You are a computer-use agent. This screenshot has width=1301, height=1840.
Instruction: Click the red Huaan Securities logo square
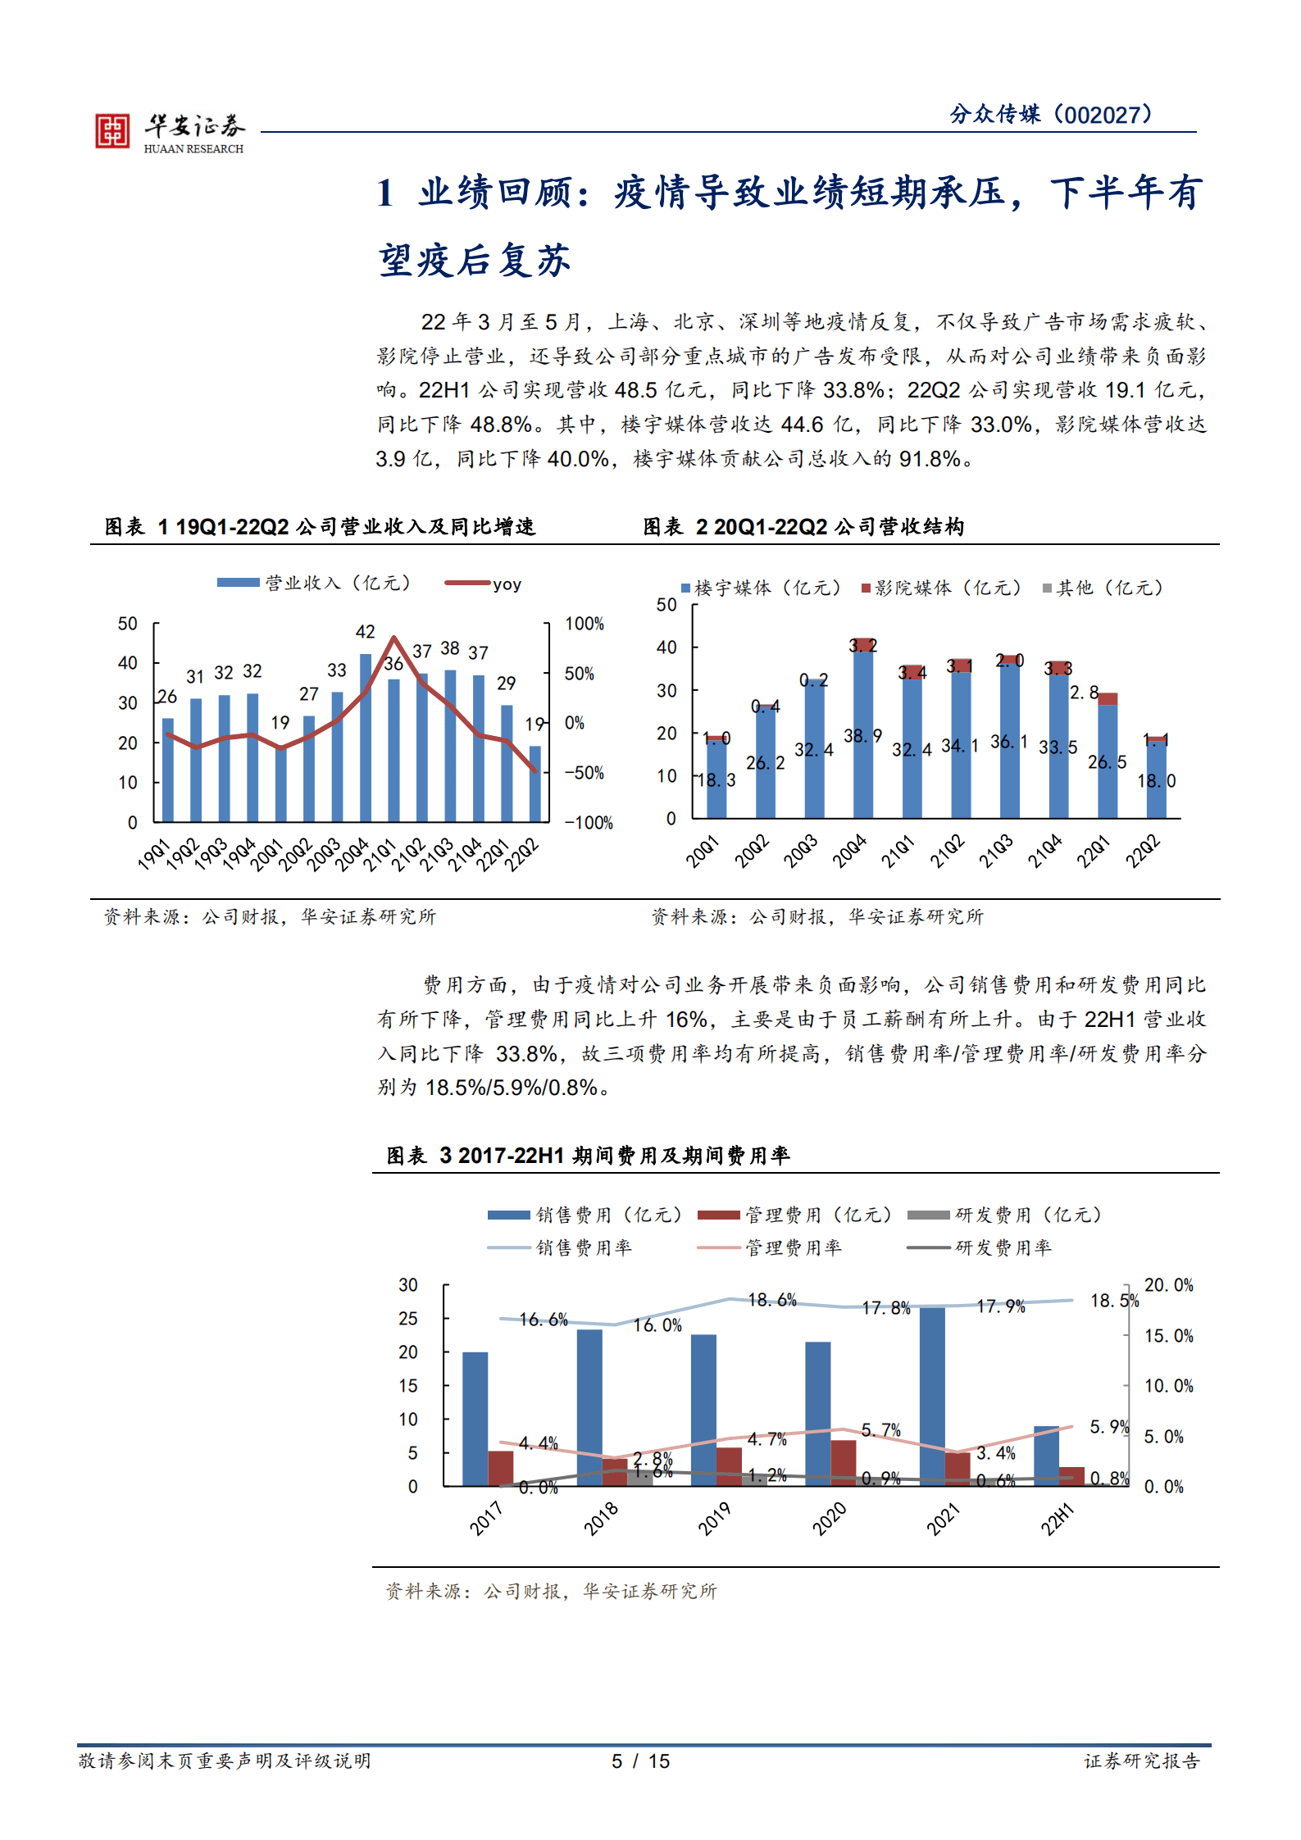click(x=112, y=131)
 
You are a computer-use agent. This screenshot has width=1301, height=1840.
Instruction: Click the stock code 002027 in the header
click(x=1104, y=115)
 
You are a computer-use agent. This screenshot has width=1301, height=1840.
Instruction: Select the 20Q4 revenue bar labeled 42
click(x=366, y=737)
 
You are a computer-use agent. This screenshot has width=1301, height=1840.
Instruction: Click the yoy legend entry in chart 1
click(x=484, y=584)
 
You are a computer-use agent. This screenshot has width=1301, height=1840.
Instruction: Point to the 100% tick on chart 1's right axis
click(x=584, y=624)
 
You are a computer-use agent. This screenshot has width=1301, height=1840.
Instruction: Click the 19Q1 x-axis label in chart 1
click(x=154, y=853)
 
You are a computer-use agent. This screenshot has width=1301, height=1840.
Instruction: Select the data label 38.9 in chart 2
click(x=862, y=736)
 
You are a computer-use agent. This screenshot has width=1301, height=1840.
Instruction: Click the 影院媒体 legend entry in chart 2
click(x=941, y=588)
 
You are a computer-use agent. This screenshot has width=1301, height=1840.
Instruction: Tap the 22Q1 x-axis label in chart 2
click(x=1094, y=851)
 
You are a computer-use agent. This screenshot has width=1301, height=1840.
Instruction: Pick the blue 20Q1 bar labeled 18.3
click(x=716, y=779)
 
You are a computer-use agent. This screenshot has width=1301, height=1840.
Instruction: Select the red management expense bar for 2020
click(x=843, y=1463)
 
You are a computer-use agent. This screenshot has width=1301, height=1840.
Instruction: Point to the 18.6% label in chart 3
click(x=771, y=1300)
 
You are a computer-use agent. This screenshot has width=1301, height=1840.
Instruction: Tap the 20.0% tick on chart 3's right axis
click(x=1168, y=1285)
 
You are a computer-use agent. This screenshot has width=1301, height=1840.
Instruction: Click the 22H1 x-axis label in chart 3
click(x=1057, y=1519)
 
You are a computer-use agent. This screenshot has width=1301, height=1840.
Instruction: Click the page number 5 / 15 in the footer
click(x=640, y=1760)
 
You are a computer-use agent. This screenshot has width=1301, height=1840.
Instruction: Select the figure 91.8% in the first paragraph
click(x=930, y=459)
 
